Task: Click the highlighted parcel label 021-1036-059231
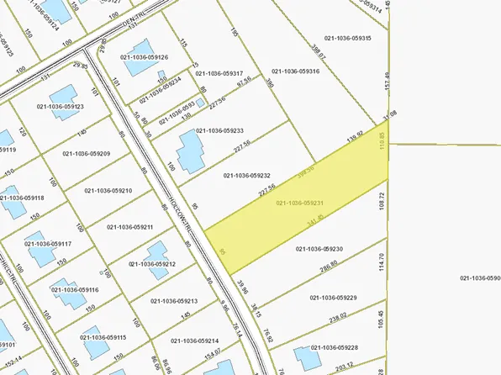pos(300,203)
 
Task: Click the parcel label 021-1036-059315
pos(346,38)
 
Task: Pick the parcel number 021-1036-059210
pos(108,191)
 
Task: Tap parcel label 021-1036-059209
pos(87,154)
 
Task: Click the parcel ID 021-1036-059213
pos(174,300)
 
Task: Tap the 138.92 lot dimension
pos(355,134)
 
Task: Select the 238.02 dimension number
pos(339,318)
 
